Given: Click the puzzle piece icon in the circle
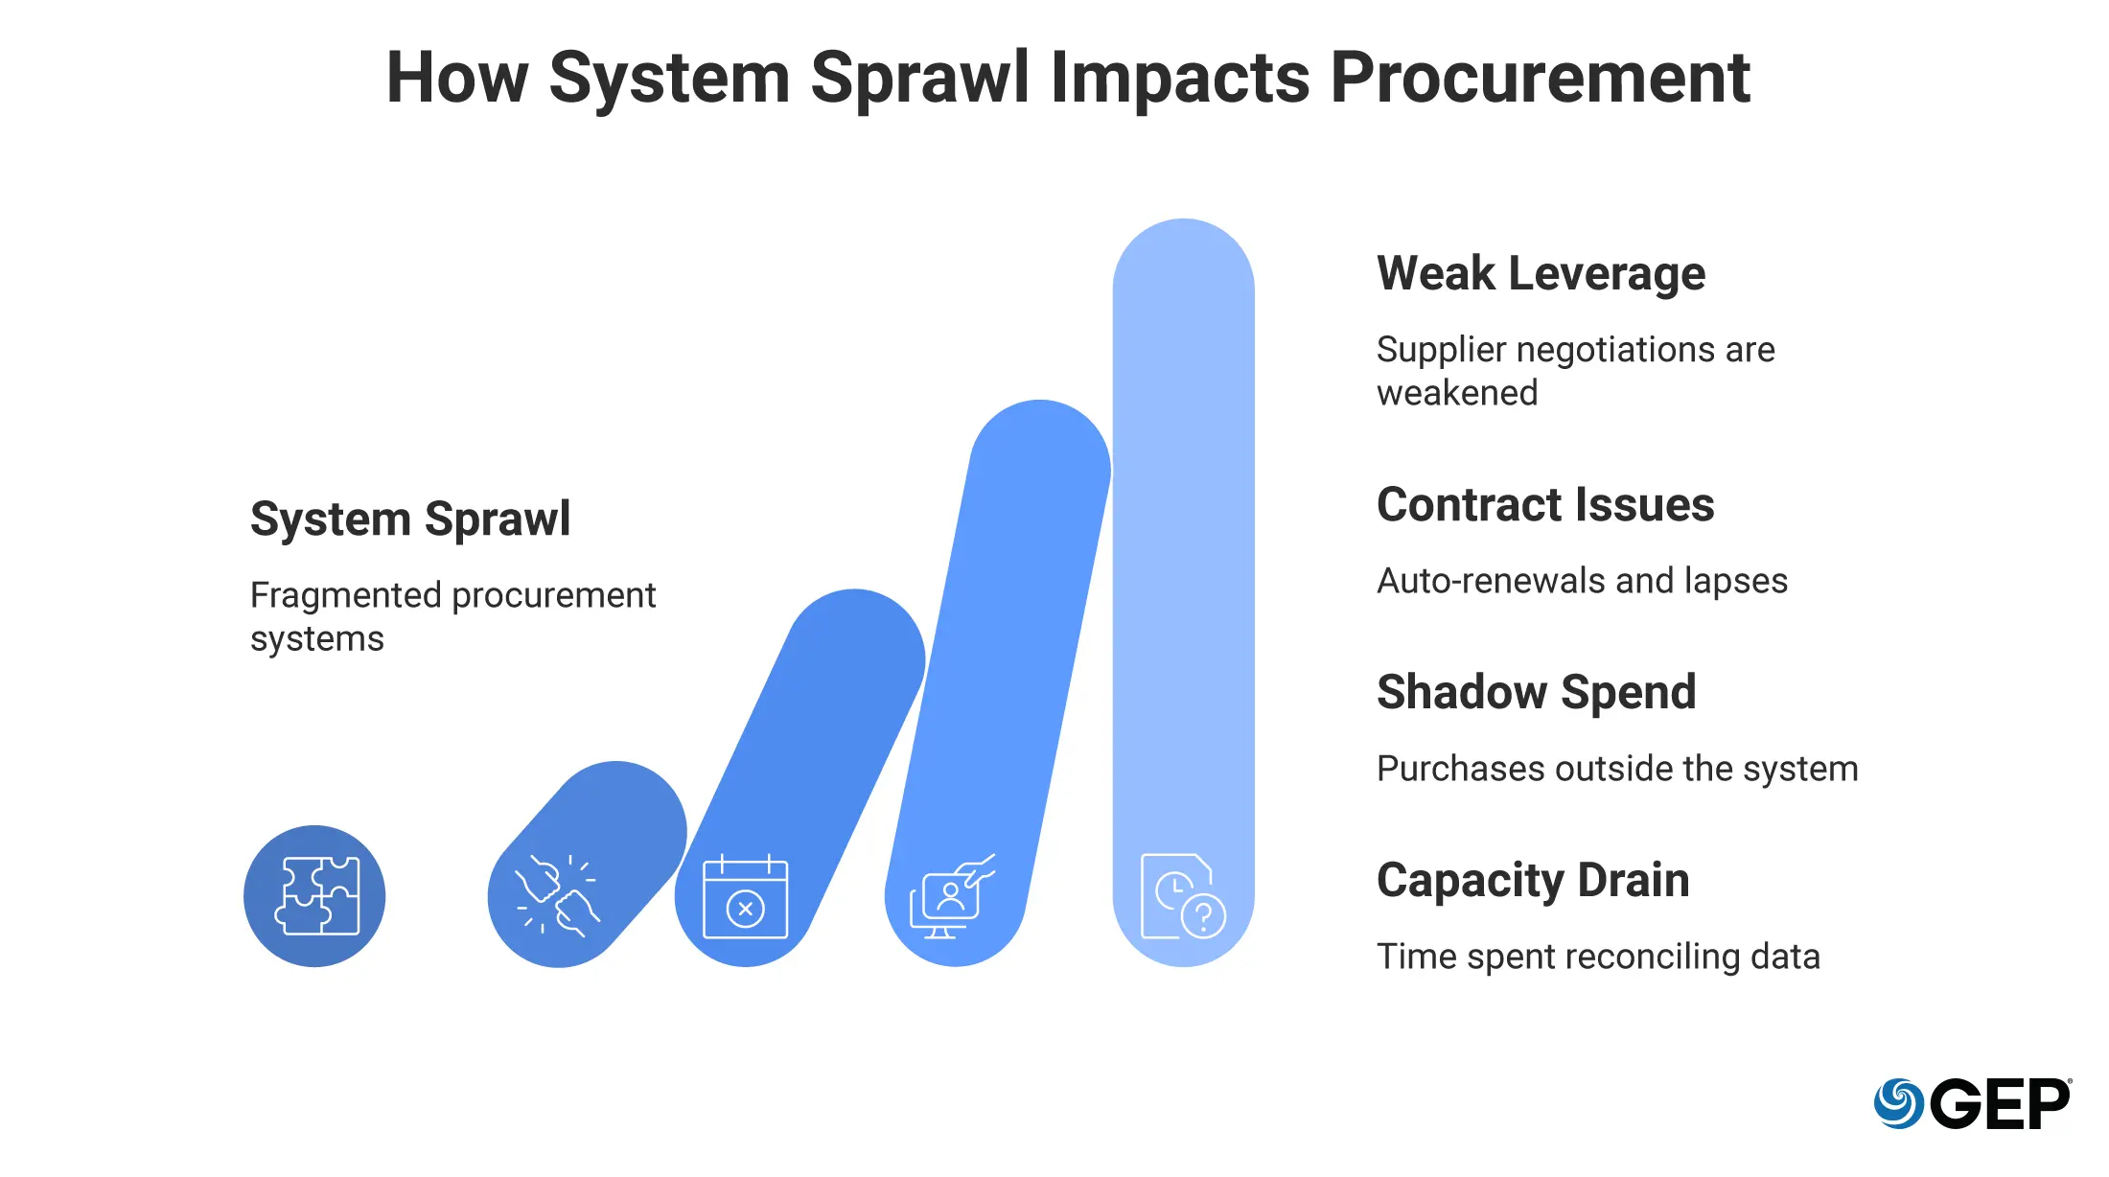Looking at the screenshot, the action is (316, 895).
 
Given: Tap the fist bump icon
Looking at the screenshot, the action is (557, 895).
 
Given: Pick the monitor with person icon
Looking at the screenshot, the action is (952, 895).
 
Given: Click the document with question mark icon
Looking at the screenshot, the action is (1183, 895).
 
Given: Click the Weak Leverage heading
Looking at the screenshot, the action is (1541, 273).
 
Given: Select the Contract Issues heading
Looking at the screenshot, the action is (1545, 504).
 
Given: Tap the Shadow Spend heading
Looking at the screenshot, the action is (1536, 692).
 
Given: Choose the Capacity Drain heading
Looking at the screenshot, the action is (1533, 880).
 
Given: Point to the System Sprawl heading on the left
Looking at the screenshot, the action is (410, 519).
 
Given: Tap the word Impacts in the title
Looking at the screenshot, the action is (1180, 79).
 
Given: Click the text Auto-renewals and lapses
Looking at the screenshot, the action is (1582, 581).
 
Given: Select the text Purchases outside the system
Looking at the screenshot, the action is (1617, 769).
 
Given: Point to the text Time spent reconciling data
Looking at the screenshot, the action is (1598, 957).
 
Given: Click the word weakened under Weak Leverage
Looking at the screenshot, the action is (1457, 393).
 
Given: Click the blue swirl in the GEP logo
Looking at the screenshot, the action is (1898, 1104).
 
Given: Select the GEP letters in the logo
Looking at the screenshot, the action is (2000, 1104).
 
